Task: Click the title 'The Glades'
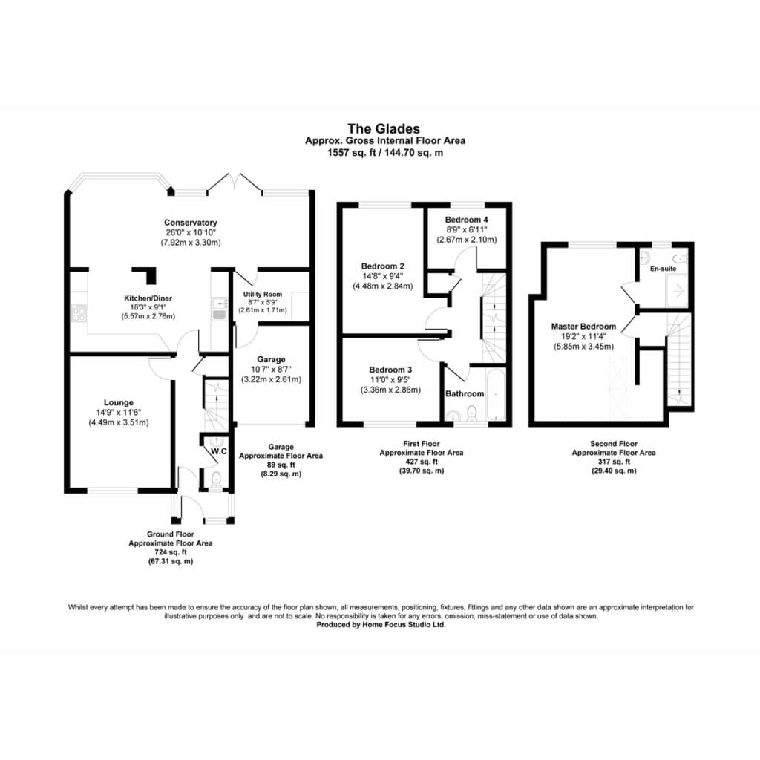click(x=384, y=128)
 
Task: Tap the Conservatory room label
click(x=191, y=223)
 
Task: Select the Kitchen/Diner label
click(x=148, y=298)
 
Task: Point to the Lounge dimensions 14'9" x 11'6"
click(x=118, y=413)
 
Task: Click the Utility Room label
click(x=262, y=294)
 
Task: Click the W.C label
click(x=219, y=451)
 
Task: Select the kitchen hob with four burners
click(x=79, y=312)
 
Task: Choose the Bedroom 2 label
click(x=382, y=266)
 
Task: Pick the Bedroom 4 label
click(x=466, y=220)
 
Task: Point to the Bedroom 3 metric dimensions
click(x=390, y=390)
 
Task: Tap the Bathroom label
click(x=465, y=393)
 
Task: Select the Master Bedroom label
click(x=583, y=327)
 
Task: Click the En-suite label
click(x=663, y=269)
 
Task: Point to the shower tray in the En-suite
click(x=677, y=291)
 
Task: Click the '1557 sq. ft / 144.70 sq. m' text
click(x=385, y=153)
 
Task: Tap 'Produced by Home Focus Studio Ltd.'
click(x=381, y=625)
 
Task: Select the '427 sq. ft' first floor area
click(x=422, y=462)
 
